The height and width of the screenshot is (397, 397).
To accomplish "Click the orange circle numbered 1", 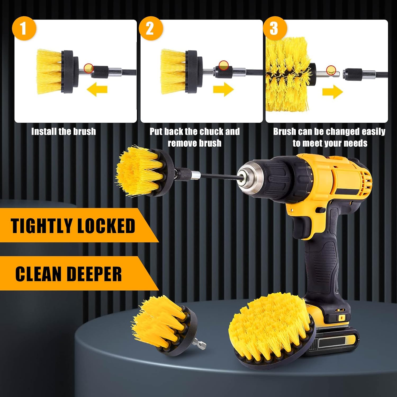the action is pyautogui.click(x=24, y=28).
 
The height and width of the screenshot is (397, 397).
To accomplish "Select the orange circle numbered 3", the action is pyautogui.click(x=274, y=28).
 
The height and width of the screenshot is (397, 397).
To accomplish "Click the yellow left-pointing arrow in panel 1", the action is pyautogui.click(x=97, y=89).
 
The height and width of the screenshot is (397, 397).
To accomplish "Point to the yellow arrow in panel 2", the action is pyautogui.click(x=223, y=89).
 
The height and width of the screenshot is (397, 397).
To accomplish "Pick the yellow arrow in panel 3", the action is pyautogui.click(x=333, y=92).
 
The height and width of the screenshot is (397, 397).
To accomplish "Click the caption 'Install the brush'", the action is pyautogui.click(x=64, y=132).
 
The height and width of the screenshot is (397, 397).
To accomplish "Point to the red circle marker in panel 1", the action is pyautogui.click(x=89, y=68).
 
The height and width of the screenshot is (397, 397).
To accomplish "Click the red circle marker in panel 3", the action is pyautogui.click(x=331, y=70).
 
